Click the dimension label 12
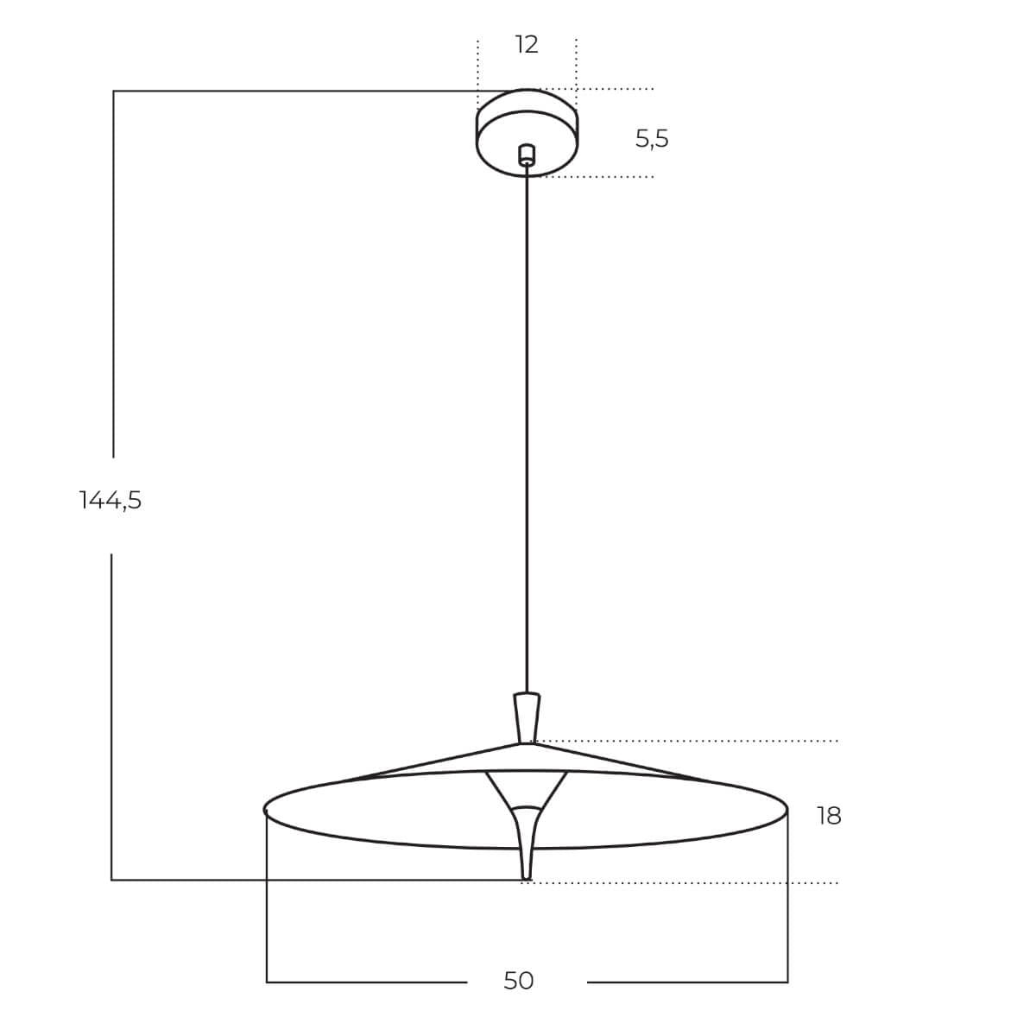click(527, 45)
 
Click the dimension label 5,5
click(652, 138)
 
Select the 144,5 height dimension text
click(111, 500)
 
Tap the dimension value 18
click(829, 816)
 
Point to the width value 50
click(519, 981)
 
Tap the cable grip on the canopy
click(527, 155)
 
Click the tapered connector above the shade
click(527, 716)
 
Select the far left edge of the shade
click(265, 810)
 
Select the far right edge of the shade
click(786, 810)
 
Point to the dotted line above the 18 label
click(691, 741)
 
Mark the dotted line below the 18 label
click(691, 883)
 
